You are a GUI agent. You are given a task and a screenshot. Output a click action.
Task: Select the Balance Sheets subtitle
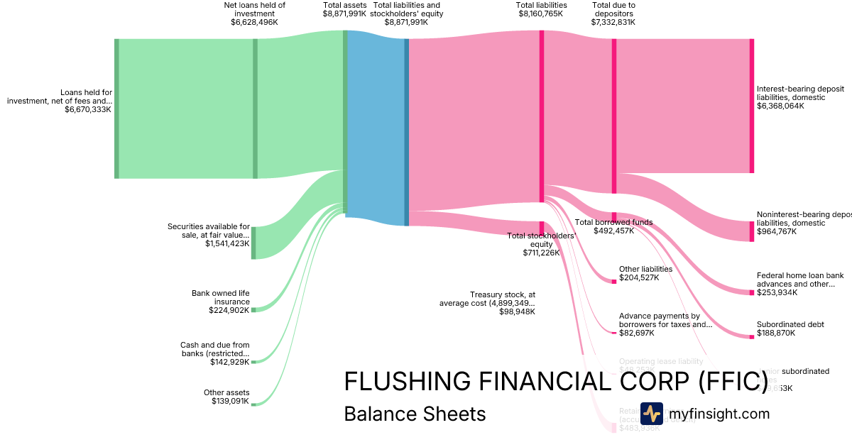415,414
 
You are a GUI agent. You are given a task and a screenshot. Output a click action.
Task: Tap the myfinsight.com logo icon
651,414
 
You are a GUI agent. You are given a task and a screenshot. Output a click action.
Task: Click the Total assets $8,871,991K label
344,9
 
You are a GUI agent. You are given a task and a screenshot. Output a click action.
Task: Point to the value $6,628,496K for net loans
254,22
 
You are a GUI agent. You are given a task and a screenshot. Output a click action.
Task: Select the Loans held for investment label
60,101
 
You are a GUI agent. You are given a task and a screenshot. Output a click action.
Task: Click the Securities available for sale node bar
253,243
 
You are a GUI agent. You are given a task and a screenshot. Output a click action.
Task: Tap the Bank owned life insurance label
221,302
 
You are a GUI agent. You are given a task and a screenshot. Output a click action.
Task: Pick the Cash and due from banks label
215,353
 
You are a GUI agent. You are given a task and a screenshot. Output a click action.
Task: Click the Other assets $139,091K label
226,397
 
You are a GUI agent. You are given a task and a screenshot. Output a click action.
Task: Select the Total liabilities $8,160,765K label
541,9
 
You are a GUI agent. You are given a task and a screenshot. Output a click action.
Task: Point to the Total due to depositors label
613,13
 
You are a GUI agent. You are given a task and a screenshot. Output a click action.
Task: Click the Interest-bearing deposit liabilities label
800,97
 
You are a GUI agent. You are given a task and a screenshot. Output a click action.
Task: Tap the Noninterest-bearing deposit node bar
751,231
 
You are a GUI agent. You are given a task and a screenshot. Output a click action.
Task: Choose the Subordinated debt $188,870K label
790,329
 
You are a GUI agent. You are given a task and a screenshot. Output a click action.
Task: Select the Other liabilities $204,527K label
645,273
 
